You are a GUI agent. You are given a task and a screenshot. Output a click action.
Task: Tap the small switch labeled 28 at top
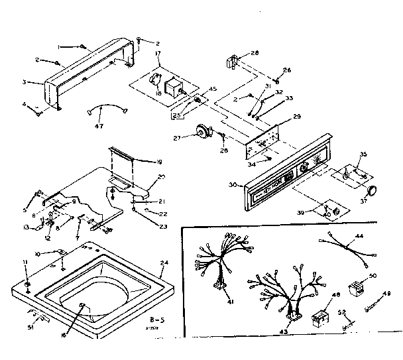(233, 61)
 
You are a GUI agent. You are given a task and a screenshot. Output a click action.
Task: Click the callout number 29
(297, 116)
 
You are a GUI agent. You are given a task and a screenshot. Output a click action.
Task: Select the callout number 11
(27, 263)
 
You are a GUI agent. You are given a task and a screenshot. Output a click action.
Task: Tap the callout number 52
(342, 312)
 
